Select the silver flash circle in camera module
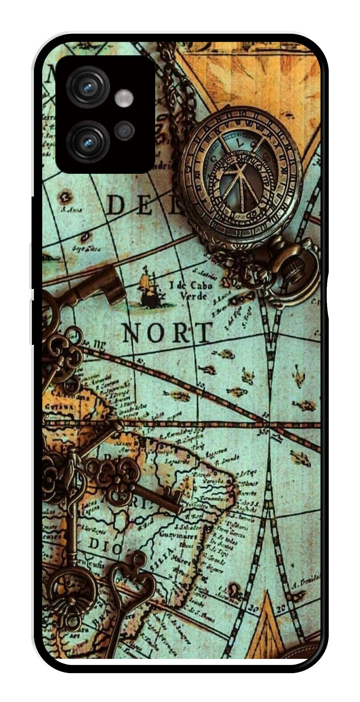coord(124,99)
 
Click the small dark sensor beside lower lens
coord(125,131)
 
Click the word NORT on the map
coord(166,333)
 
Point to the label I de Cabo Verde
coord(192,290)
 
